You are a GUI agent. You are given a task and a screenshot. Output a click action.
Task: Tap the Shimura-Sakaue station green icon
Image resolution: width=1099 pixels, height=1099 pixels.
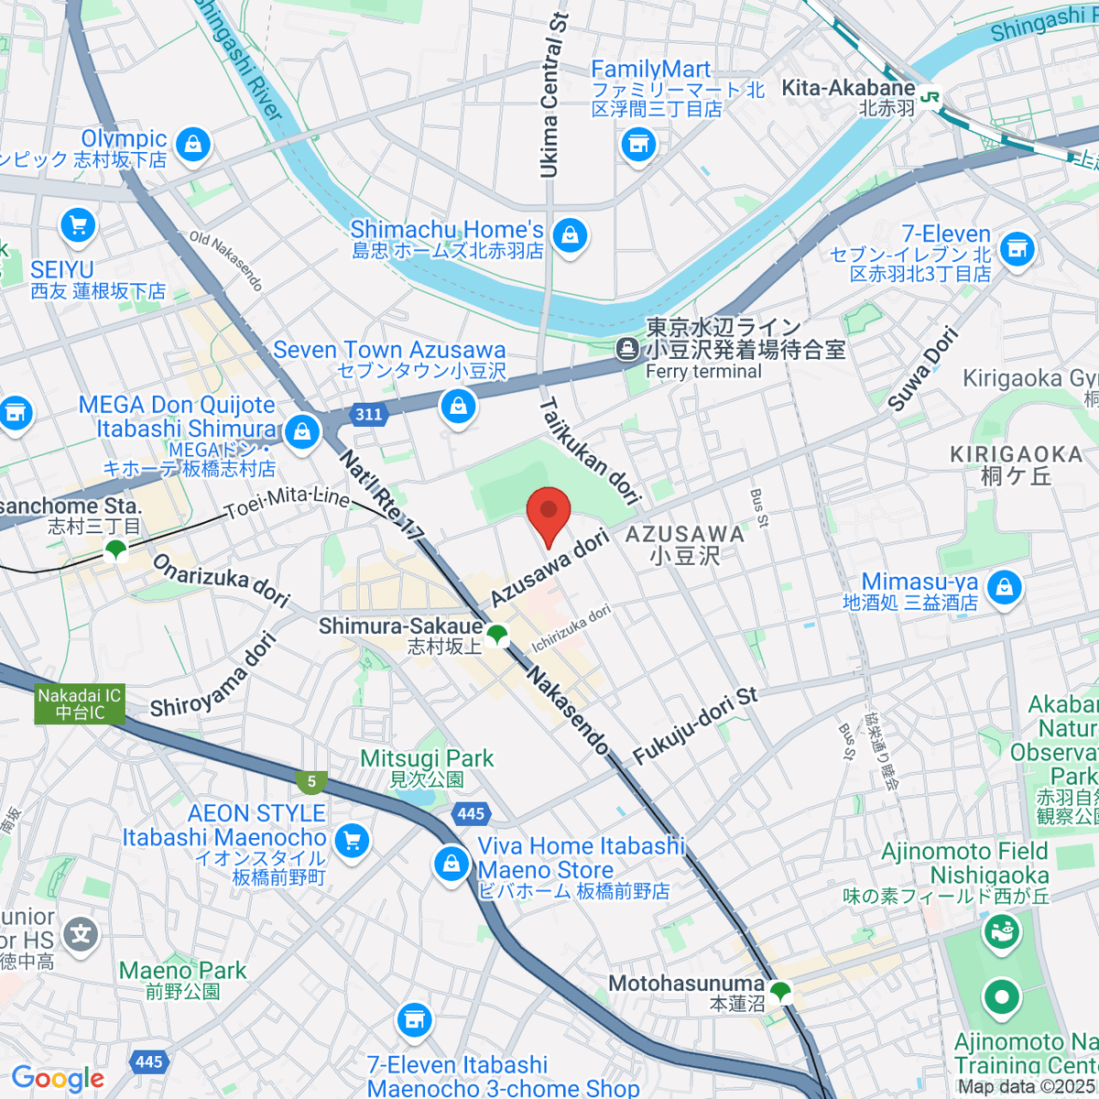(496, 634)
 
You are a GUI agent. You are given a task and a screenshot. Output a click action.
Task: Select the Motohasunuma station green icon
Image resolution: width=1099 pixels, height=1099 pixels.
(780, 991)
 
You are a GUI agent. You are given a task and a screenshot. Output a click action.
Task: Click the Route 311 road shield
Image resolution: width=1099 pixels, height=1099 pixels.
(368, 414)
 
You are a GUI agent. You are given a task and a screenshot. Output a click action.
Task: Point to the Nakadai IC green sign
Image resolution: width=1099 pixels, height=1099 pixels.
(80, 704)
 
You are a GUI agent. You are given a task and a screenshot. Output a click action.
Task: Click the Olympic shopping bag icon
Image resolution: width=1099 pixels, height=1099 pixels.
(193, 145)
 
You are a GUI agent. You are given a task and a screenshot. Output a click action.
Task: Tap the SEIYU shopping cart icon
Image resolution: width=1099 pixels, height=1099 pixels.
(78, 226)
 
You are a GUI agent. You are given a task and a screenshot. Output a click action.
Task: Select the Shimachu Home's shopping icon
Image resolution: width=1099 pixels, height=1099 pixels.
(570, 236)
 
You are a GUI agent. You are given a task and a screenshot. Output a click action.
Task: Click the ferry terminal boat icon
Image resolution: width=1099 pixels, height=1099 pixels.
(628, 348)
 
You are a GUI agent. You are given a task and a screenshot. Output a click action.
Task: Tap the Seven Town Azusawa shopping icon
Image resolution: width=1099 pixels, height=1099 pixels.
(458, 406)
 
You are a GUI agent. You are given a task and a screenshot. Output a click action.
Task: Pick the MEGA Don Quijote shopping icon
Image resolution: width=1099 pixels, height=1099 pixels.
(301, 430)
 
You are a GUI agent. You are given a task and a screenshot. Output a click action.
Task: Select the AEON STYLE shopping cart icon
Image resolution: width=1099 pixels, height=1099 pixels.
(351, 840)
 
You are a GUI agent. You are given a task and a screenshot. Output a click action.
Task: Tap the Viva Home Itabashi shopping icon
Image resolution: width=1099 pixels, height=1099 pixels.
(451, 863)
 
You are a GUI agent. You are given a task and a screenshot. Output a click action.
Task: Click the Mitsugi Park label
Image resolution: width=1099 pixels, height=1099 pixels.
(427, 758)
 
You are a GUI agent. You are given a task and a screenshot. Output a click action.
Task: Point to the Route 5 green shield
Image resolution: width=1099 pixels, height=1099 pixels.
(312, 781)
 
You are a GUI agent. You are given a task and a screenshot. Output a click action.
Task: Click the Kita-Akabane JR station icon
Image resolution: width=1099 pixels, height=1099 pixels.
(930, 96)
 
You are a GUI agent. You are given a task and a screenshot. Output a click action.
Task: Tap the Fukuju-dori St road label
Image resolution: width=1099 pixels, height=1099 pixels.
(696, 725)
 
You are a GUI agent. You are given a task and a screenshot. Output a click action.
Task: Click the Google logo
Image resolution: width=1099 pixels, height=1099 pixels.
(57, 1079)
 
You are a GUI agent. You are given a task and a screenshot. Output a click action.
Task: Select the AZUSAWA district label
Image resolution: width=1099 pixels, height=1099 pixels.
(684, 534)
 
